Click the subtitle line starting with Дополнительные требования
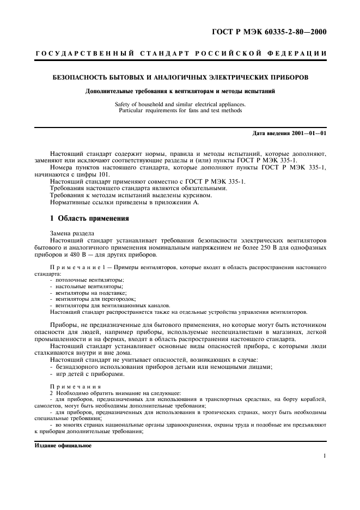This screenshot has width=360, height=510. click(x=180, y=91)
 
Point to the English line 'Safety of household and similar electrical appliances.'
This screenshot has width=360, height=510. click(x=180, y=104)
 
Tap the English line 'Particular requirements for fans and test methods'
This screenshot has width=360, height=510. click(x=180, y=111)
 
